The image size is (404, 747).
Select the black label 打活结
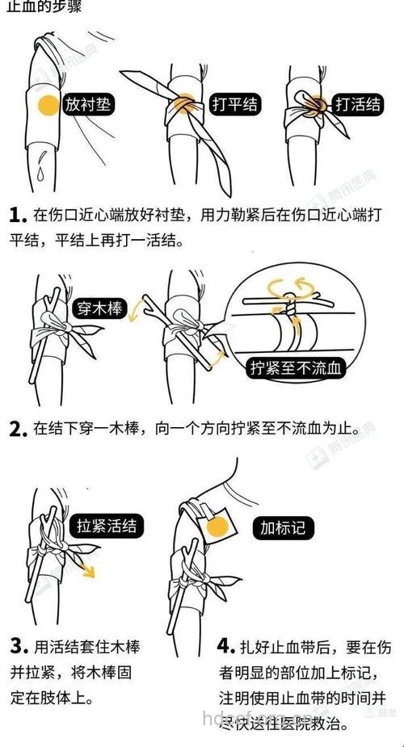pyautogui.click(x=357, y=104)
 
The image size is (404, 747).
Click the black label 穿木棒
pyautogui.click(x=101, y=308)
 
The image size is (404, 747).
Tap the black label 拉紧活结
pyautogui.click(x=106, y=525)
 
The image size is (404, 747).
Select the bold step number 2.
pyautogui.click(x=17, y=430)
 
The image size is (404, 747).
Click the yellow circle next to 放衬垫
pyautogui.click(x=49, y=105)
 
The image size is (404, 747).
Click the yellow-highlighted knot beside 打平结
pyautogui.click(x=185, y=103)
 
